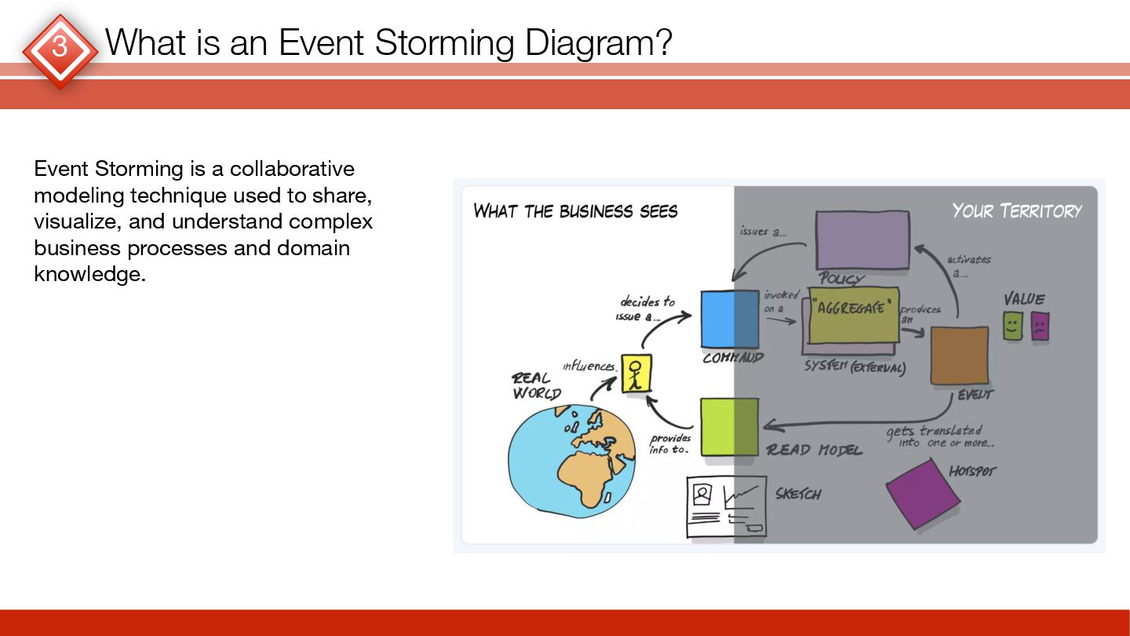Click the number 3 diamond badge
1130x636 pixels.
click(60, 49)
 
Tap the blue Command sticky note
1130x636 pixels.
click(730, 319)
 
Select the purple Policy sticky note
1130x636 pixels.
click(862, 239)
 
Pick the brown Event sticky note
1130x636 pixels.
click(959, 356)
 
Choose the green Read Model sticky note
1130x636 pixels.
click(729, 426)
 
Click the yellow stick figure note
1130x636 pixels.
click(636, 373)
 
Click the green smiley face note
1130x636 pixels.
click(1013, 325)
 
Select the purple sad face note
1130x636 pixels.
click(1040, 326)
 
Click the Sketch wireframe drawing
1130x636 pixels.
click(726, 506)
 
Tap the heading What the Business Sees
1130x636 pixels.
click(575, 211)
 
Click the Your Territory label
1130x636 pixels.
click(1016, 210)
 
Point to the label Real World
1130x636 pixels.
click(535, 386)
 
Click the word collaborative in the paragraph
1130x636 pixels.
click(292, 169)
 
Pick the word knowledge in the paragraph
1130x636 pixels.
click(89, 275)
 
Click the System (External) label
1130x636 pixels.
click(855, 367)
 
